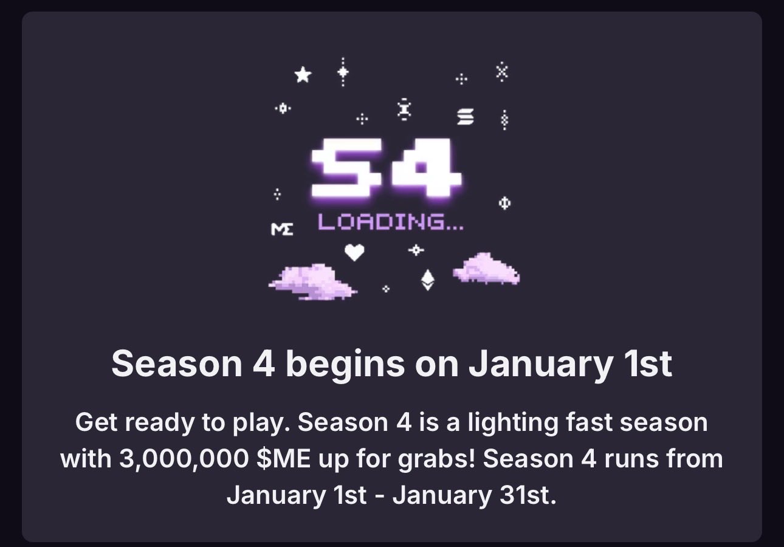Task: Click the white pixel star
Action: [x=303, y=75]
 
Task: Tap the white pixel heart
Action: [x=354, y=252]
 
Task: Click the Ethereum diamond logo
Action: [x=427, y=280]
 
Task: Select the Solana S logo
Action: [x=466, y=116]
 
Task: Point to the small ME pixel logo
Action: [x=282, y=229]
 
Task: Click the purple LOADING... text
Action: [x=391, y=222]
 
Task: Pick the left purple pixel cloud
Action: [x=312, y=282]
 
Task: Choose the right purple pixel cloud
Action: [x=487, y=269]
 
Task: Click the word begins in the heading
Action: [x=345, y=365]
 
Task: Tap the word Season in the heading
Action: [x=177, y=364]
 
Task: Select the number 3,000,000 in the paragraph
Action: [x=184, y=459]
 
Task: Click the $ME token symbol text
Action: [x=283, y=458]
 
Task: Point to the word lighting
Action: [x=513, y=423]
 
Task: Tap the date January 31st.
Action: [x=475, y=495]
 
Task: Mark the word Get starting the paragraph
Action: [x=96, y=422]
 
